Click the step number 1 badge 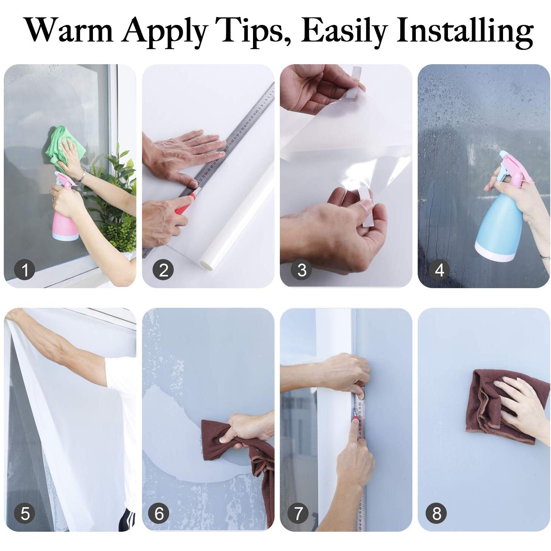[25, 270]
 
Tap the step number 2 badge [163, 270]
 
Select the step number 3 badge [301, 270]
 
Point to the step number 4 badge [439, 270]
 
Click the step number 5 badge [25, 514]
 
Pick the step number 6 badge [159, 514]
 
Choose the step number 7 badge [298, 514]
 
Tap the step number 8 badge [436, 514]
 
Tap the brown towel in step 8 [491, 408]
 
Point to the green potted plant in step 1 [113, 211]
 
